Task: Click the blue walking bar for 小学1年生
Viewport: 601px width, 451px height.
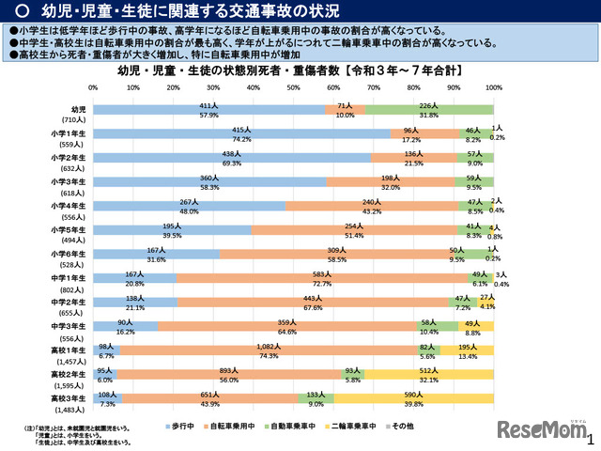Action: point(241,134)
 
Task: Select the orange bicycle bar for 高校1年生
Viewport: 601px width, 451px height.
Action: point(268,350)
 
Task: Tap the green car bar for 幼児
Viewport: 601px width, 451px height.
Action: point(429,110)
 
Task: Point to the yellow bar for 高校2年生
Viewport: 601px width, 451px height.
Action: point(428,374)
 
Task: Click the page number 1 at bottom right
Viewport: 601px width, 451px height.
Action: point(590,439)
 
